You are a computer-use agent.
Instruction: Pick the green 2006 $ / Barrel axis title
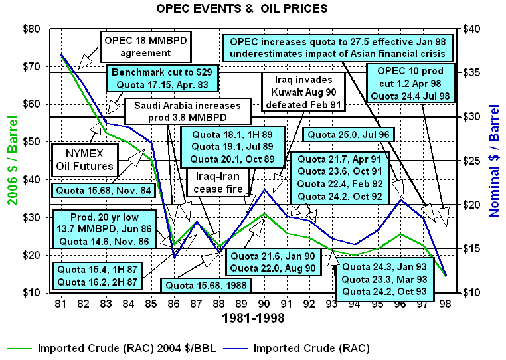click(x=11, y=161)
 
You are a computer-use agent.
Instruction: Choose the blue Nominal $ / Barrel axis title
click(x=493, y=161)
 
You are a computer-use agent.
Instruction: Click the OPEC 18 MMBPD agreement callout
click(x=145, y=45)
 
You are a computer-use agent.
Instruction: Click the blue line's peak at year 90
click(x=265, y=189)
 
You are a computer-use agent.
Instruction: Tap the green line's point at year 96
click(x=400, y=234)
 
